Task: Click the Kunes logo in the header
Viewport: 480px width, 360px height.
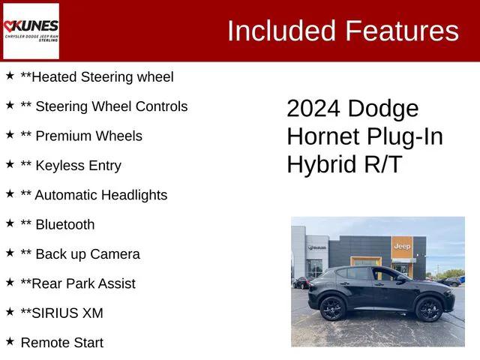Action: coord(31,31)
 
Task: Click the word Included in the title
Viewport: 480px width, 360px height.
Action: coord(281,31)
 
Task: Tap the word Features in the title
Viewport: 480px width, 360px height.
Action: coord(401,31)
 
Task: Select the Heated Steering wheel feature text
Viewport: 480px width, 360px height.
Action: coord(97,76)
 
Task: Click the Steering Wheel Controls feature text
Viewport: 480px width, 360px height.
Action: coord(103,106)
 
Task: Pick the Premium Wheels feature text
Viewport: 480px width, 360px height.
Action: coord(81,136)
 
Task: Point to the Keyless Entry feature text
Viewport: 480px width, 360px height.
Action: coord(70,165)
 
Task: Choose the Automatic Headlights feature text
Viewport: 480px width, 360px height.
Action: coord(94,195)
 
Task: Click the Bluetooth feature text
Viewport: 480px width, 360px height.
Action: coord(58,224)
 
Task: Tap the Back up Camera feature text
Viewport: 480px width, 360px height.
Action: coord(80,254)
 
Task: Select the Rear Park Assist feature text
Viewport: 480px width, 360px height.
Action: coord(78,283)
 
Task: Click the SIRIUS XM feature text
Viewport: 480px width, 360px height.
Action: coord(61,313)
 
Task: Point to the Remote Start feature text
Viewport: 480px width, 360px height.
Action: coord(62,343)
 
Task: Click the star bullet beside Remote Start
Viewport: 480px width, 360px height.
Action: coord(10,341)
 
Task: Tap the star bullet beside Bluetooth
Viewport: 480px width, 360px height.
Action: coord(10,223)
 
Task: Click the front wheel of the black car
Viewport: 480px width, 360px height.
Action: coord(428,308)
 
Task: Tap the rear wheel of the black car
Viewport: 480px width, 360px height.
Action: coord(331,307)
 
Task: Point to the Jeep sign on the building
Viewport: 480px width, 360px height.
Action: coord(402,246)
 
